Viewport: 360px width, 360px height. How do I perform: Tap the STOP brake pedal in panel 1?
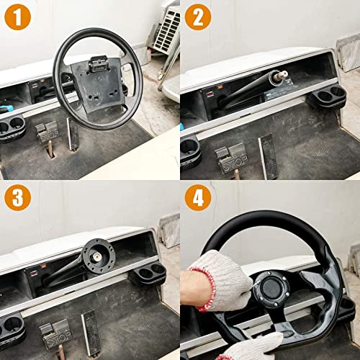click(48, 133)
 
